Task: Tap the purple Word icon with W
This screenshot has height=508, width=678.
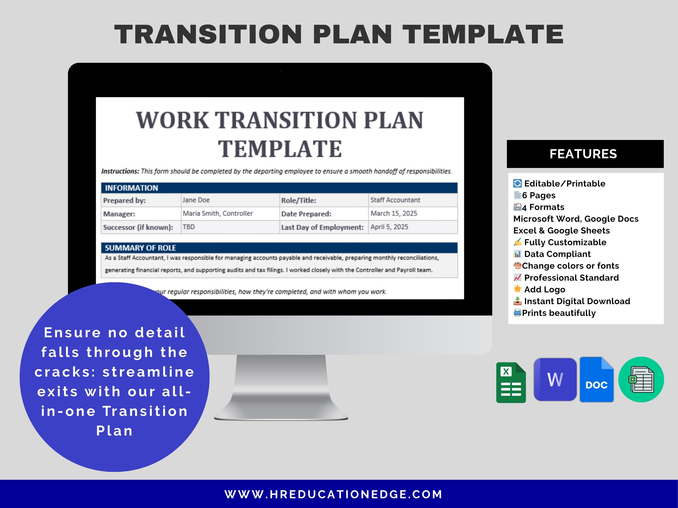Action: coord(555,379)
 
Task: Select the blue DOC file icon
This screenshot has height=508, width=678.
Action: coord(596,380)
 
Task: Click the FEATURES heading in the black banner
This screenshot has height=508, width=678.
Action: coord(583,154)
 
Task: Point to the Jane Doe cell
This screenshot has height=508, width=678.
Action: coord(196,200)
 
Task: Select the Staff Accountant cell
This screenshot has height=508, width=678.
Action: coord(395,200)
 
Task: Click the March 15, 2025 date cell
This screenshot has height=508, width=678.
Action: coord(394,213)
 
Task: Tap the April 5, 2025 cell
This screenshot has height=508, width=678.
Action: coord(389,227)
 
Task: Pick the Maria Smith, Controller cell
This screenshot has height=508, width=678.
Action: coord(218,213)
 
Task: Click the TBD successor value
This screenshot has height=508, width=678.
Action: coord(189,227)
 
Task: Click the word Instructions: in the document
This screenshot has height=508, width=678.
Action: coord(120,171)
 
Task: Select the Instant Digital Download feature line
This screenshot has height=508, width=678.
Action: coord(577,301)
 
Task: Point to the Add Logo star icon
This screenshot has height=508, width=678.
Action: coord(517,289)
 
